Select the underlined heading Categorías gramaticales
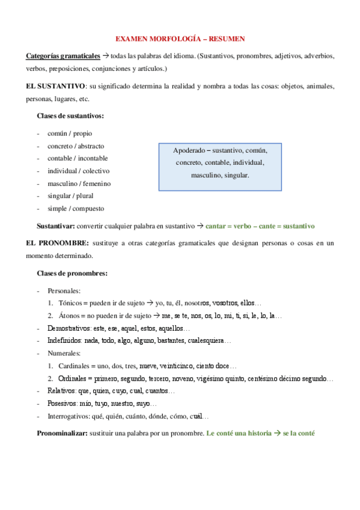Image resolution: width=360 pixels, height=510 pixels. coord(63,56)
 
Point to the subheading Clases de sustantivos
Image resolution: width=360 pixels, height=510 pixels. coord(70,115)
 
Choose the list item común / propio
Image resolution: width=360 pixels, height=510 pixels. coord(70,134)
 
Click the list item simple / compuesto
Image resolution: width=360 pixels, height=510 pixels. coord(76,209)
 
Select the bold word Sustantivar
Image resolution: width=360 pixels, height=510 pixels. coord(56,226)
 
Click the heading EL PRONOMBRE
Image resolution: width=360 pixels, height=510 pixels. coord(56,243)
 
